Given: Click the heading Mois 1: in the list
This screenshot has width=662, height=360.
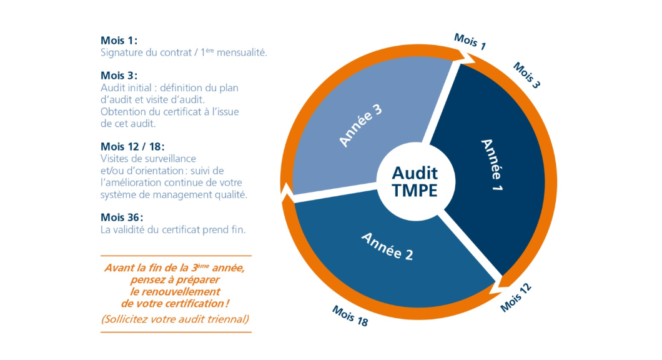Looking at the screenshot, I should point(119,41).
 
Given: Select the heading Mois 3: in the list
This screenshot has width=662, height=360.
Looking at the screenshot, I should point(119,76).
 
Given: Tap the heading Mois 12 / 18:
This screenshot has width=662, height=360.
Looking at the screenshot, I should point(132,146).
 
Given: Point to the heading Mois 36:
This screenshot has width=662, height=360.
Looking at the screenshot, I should point(122,217).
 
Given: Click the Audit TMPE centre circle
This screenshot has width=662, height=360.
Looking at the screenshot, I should point(415,181).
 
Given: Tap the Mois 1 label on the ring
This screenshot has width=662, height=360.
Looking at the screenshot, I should point(470,41).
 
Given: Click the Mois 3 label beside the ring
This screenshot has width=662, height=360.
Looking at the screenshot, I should point(526,75).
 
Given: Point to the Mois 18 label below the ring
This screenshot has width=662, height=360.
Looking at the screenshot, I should point(350,316).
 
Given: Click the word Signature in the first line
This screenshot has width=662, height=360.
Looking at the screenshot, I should point(121,52).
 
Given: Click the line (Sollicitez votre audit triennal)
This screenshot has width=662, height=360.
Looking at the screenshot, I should point(175,319).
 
